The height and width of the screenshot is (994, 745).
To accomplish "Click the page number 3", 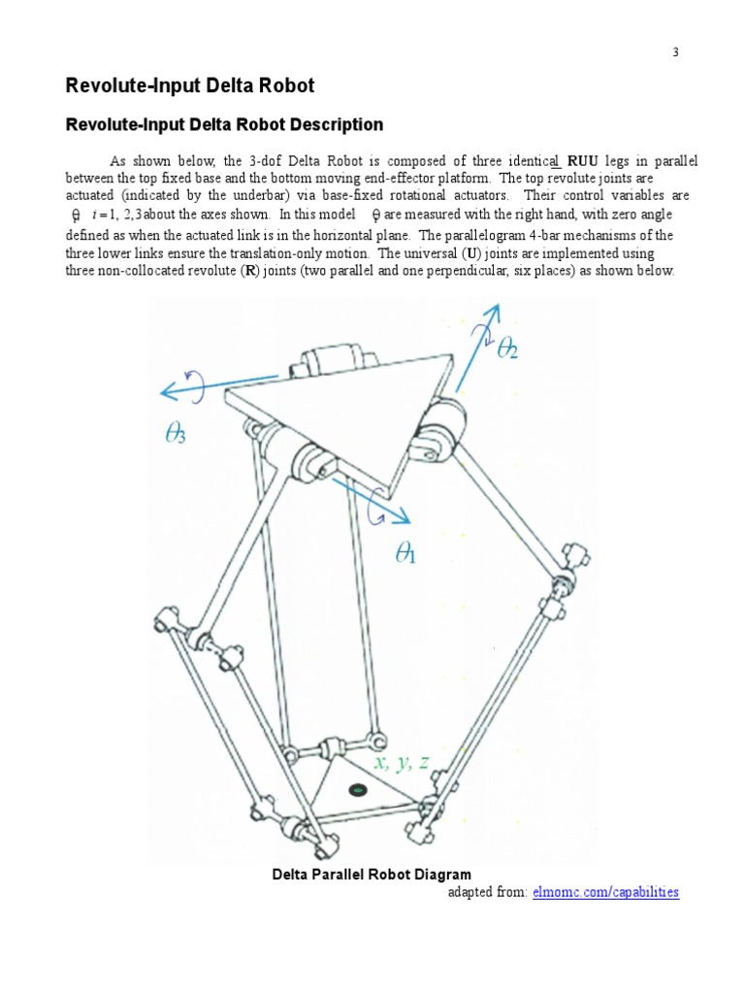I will (x=676, y=52).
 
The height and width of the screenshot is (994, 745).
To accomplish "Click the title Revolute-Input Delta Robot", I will (x=189, y=85).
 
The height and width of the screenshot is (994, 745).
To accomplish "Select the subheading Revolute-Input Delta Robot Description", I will (x=223, y=125).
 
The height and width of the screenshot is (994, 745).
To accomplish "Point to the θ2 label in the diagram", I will (x=507, y=350).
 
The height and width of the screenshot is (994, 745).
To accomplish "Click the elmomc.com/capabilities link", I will (x=605, y=891).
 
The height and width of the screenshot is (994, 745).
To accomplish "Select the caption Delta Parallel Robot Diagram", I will (x=372, y=875).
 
